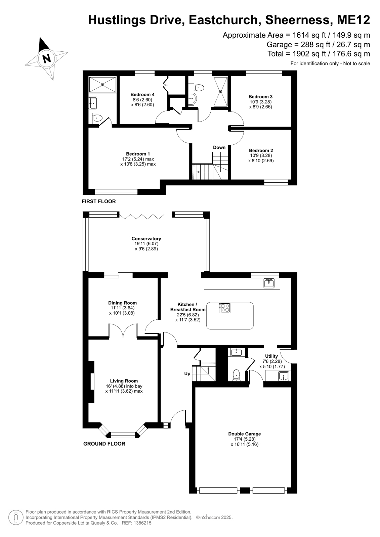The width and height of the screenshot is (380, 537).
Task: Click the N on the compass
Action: point(47,58)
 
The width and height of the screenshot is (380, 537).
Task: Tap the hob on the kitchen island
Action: point(224,308)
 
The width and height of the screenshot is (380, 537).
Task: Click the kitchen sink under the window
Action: point(269,283)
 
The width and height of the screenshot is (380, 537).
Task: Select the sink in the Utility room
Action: point(284,376)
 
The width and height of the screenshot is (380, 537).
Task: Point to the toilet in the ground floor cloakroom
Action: point(236,375)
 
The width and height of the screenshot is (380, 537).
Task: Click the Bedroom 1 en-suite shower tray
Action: point(103,84)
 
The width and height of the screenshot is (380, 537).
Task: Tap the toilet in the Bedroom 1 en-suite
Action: point(97,118)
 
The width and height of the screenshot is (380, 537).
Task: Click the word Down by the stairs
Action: point(219,147)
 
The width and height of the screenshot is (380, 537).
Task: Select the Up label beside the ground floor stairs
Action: point(187,373)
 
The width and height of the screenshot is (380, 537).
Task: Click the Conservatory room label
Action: point(146,238)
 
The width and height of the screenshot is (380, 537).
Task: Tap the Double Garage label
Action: point(245,434)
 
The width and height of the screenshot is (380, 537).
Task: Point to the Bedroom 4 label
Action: point(142,94)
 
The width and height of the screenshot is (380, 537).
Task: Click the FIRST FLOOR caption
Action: point(99,202)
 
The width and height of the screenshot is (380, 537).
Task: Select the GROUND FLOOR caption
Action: point(104,444)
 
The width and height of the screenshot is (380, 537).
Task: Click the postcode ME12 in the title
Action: point(353,20)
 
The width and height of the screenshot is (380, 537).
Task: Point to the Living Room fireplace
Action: point(91,382)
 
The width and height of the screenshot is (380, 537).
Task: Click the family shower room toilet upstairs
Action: point(199,88)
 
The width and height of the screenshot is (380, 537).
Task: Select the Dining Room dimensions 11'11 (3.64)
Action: point(122,308)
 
